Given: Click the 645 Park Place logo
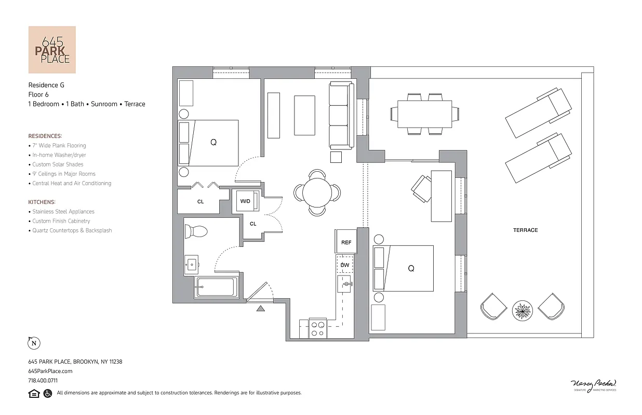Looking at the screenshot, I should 51,50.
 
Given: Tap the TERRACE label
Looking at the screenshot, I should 525,230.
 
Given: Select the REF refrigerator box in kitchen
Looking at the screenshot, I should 346,242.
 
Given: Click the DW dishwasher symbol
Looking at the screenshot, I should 345,265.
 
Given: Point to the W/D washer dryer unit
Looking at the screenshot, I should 246,201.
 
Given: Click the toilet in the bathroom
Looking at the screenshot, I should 196,231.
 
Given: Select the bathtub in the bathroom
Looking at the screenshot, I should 216,287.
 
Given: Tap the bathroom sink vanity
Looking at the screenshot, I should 192,266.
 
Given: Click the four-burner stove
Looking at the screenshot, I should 317,328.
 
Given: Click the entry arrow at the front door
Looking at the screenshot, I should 261,309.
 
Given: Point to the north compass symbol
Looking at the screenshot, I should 34,343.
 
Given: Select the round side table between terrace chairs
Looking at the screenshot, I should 522,311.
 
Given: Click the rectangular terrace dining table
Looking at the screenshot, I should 424,114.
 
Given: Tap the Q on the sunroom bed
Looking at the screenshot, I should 411,268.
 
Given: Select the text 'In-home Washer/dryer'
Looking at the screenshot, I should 59,155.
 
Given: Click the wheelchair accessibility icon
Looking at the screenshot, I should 48,393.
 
